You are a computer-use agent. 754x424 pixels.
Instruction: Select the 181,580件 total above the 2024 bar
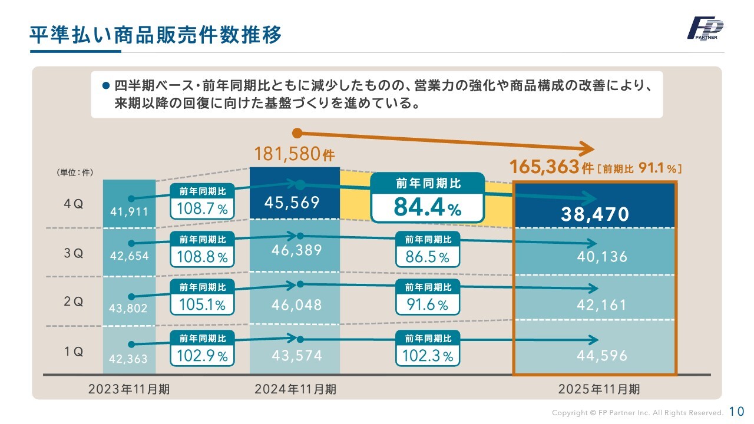(x=295, y=154)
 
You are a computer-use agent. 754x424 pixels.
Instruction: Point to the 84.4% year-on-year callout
(x=427, y=198)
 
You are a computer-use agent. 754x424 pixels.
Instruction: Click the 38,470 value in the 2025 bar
(x=595, y=214)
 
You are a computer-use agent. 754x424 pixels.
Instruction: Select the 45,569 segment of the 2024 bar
(x=292, y=203)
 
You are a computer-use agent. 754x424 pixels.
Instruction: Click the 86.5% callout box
(x=428, y=250)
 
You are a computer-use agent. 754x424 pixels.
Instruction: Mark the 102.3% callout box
(x=428, y=349)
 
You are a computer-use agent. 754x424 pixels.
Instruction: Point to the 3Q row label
(x=74, y=254)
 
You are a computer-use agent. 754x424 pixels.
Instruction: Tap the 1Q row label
(x=74, y=352)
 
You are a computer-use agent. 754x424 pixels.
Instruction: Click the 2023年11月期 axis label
(x=129, y=389)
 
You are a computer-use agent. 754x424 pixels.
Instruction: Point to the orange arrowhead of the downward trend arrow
(x=586, y=148)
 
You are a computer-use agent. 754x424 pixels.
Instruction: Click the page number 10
(x=737, y=411)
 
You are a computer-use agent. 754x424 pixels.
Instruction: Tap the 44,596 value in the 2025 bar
(x=602, y=356)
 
